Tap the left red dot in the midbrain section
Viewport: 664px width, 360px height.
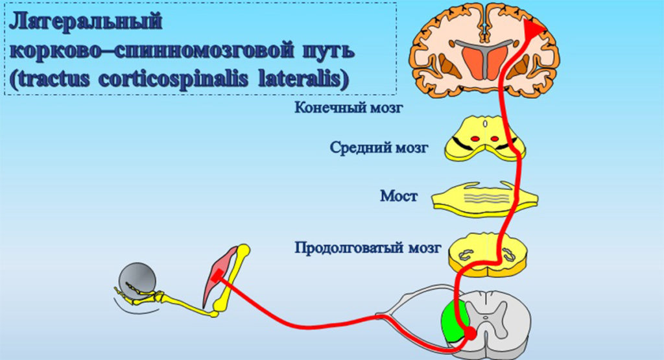(477, 138)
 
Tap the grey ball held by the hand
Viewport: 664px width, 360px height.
(136, 280)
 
